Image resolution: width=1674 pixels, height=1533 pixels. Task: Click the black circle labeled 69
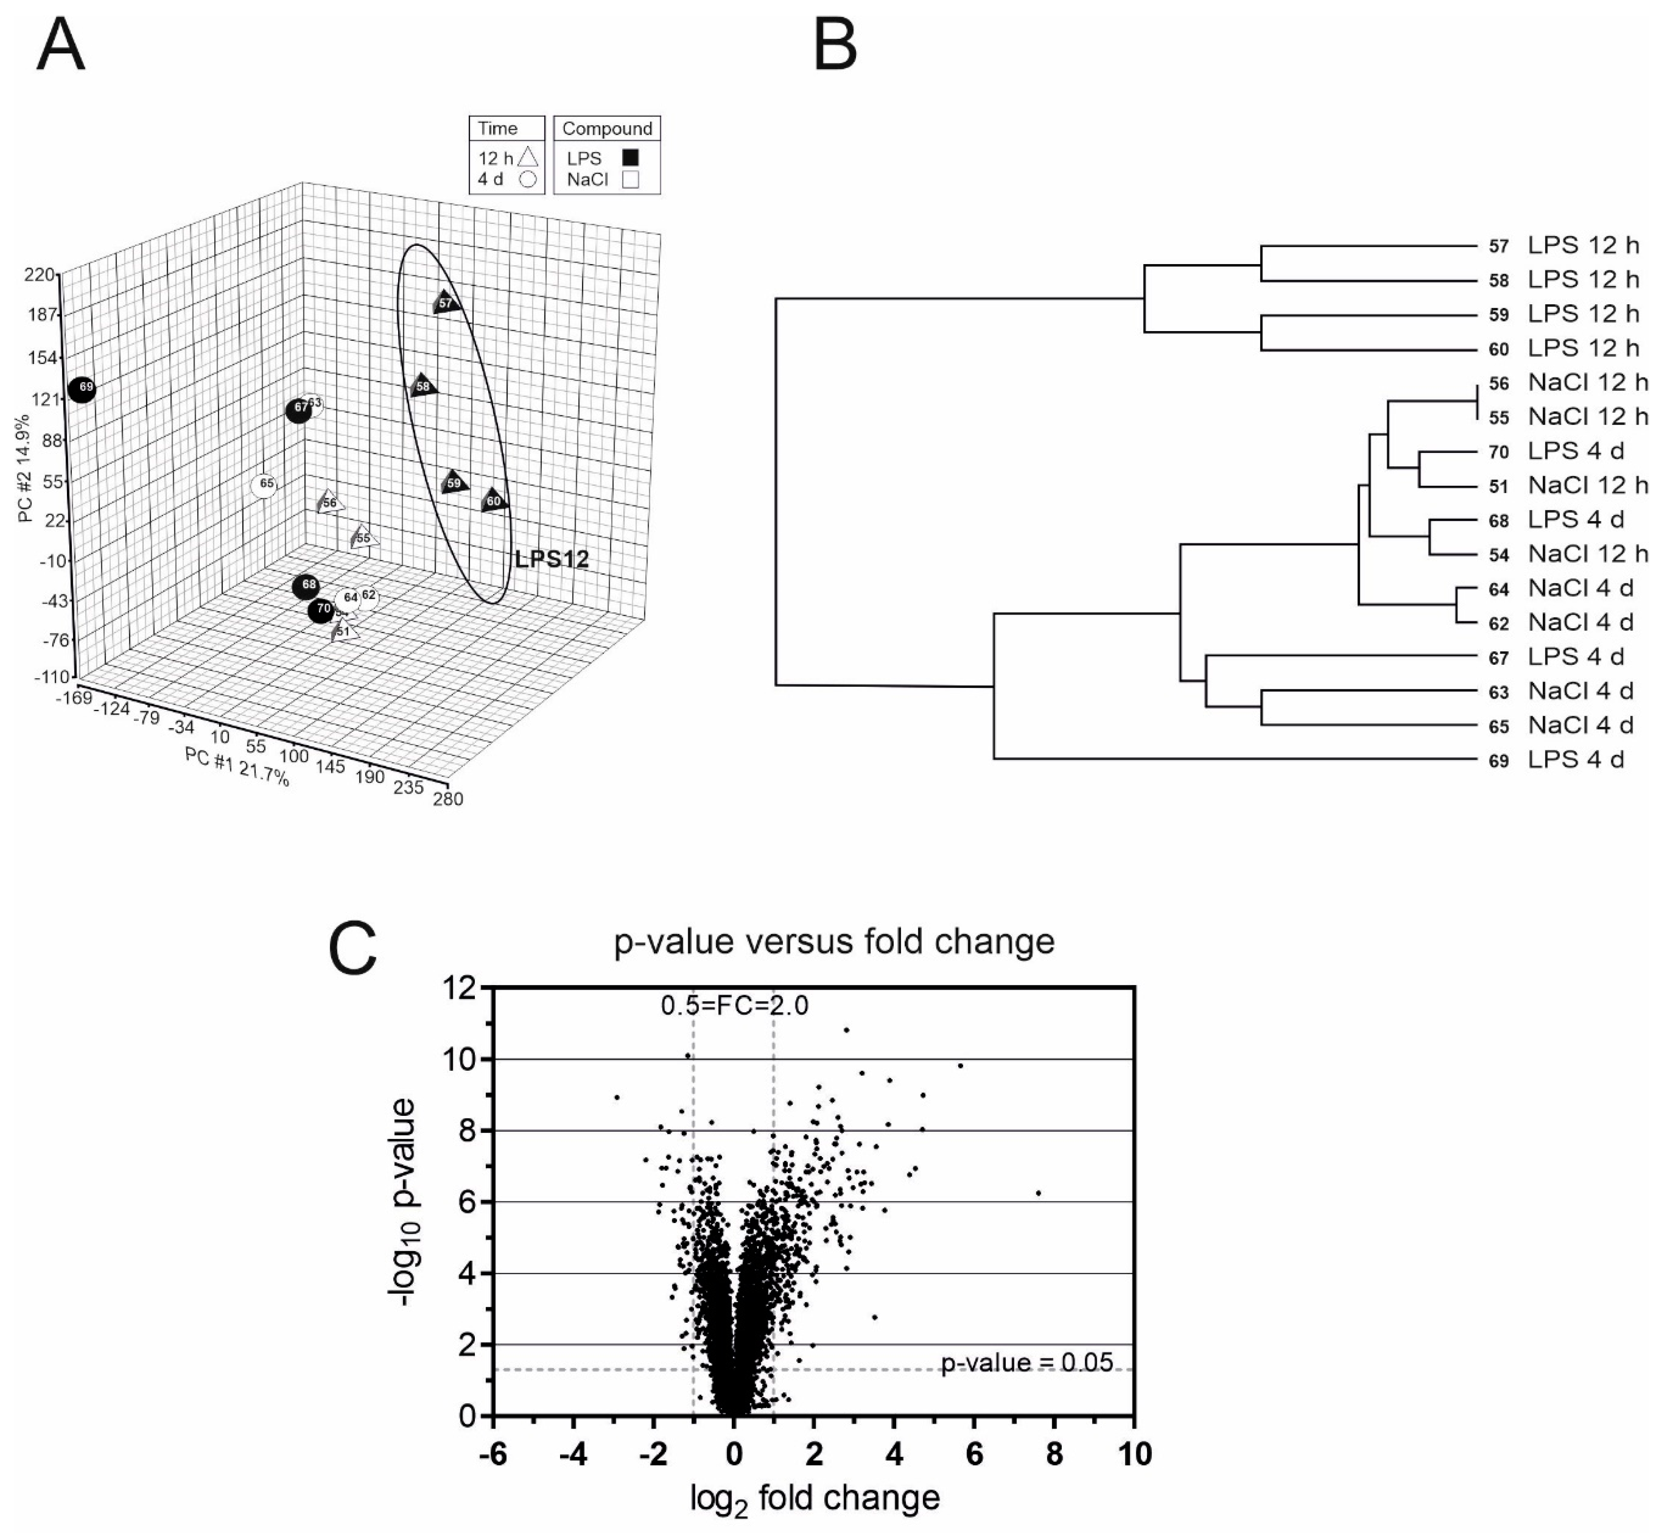82,389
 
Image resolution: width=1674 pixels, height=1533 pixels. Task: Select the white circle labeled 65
265,485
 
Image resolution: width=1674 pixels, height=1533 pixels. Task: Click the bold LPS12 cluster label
551,559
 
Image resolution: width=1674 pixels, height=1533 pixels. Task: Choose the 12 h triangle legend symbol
529,157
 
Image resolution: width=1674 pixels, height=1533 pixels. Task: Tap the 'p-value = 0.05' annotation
1026,1363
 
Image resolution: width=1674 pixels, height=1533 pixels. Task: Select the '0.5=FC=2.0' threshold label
734,1006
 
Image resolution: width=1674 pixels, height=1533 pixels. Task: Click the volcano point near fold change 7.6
1038,1193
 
